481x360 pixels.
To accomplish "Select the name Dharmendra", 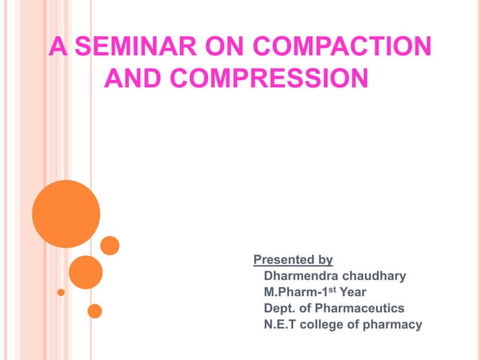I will [x=299, y=276].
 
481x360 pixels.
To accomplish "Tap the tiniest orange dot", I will [x=61, y=291].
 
